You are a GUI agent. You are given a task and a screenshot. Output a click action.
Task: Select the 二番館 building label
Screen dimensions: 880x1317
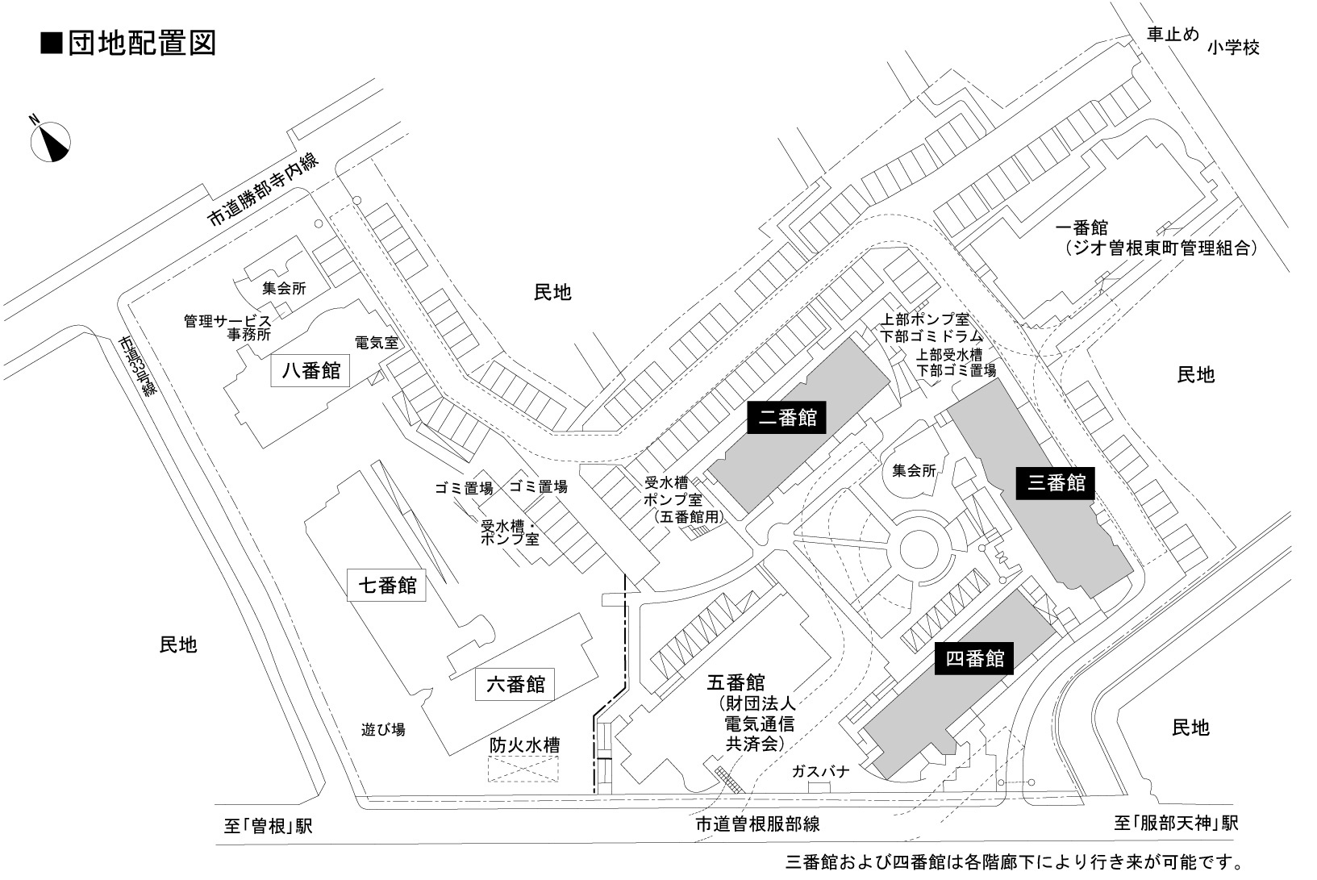tap(787, 418)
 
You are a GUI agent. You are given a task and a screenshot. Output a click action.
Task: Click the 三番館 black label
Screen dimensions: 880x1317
tap(1056, 483)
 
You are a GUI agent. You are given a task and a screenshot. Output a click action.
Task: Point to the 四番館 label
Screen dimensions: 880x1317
tap(973, 659)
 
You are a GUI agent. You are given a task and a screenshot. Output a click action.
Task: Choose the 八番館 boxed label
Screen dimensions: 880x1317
tap(310, 371)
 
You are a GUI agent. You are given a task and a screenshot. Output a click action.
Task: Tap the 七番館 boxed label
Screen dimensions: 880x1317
tap(387, 585)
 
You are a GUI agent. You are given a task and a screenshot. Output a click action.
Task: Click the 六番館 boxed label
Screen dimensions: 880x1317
tap(516, 685)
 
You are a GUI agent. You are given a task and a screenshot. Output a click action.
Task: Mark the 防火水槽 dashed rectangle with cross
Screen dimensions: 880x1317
tap(523, 769)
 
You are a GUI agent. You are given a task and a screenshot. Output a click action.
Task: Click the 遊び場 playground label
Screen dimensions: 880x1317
tap(383, 730)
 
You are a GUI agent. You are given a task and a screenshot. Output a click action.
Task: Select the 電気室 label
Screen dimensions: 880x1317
tap(377, 342)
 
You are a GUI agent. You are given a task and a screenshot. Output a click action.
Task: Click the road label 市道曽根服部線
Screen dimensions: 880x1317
tap(757, 824)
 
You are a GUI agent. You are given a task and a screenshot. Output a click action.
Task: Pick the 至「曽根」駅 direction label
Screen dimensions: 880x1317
tap(268, 826)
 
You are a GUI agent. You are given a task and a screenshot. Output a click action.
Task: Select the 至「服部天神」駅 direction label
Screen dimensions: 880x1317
tap(1176, 824)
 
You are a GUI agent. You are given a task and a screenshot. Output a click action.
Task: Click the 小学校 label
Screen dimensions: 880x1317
tap(1233, 48)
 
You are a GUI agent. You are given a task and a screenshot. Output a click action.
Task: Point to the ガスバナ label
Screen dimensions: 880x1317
tap(820, 771)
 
